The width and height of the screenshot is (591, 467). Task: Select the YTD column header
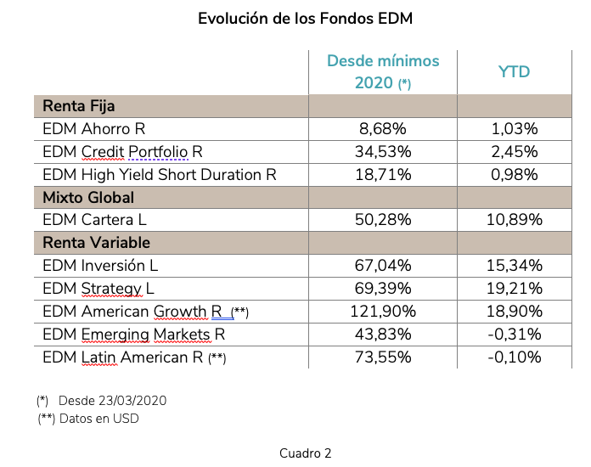coord(514,71)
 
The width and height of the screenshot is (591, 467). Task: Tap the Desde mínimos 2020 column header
coord(383,71)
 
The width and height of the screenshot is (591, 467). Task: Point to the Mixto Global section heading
coord(88,198)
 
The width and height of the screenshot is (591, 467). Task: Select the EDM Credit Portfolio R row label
coord(122,152)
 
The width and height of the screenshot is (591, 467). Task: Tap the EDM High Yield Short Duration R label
coord(160,175)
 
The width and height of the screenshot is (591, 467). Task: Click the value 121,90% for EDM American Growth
coord(383,312)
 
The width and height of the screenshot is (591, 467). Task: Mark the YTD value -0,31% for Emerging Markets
coord(514,334)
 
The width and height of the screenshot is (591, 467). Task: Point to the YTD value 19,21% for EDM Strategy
coord(514,289)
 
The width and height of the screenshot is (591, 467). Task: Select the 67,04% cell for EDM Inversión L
coord(383,266)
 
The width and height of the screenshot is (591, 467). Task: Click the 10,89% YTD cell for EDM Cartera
coord(514,220)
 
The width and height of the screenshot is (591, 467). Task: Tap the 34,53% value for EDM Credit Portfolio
coord(383,152)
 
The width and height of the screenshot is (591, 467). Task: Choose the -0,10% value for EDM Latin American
coord(514,357)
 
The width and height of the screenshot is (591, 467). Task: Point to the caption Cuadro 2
coord(305,453)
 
